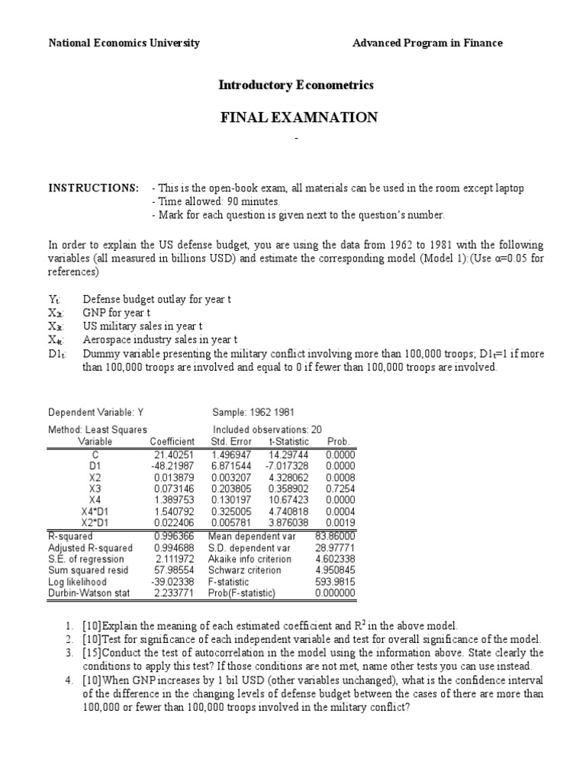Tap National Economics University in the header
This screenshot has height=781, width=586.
click(124, 43)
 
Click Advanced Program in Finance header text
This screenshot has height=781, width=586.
click(427, 43)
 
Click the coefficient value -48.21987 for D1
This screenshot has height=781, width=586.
click(173, 464)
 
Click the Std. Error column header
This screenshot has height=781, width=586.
click(230, 442)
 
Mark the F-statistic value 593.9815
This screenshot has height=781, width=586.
click(335, 581)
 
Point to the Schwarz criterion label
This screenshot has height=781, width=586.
click(249, 570)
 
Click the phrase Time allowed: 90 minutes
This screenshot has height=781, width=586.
click(217, 202)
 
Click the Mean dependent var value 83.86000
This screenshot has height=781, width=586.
click(335, 536)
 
